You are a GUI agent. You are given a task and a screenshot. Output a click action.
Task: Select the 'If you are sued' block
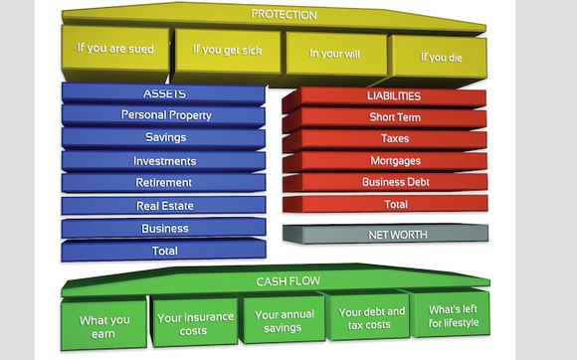[115, 53]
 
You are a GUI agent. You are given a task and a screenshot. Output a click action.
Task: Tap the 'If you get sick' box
[227, 55]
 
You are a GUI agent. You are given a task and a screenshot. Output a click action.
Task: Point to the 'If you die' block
[440, 60]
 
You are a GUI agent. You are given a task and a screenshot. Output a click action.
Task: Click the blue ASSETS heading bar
[163, 94]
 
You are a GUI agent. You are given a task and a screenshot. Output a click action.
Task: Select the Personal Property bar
[163, 115]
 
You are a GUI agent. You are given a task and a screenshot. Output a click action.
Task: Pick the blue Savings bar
[163, 138]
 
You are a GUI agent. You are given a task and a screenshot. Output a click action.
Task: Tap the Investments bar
[163, 161]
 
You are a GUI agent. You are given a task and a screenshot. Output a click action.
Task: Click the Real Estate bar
[163, 206]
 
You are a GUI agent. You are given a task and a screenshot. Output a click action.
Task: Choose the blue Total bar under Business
[163, 251]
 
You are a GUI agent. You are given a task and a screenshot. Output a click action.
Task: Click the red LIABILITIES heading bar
[385, 97]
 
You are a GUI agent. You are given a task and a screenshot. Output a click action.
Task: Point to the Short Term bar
[385, 118]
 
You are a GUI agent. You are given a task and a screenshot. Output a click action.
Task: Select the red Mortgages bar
[385, 162]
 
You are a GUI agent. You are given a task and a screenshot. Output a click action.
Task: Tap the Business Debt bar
[385, 183]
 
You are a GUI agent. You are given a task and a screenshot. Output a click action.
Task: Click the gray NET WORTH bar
[386, 234]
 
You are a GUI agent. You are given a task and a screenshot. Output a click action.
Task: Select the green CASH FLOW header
[276, 280]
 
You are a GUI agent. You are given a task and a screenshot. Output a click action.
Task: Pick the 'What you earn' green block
[103, 325]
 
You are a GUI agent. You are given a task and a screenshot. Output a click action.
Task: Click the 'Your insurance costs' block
[194, 322]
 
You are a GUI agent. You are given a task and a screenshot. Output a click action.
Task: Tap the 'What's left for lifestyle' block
[451, 315]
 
